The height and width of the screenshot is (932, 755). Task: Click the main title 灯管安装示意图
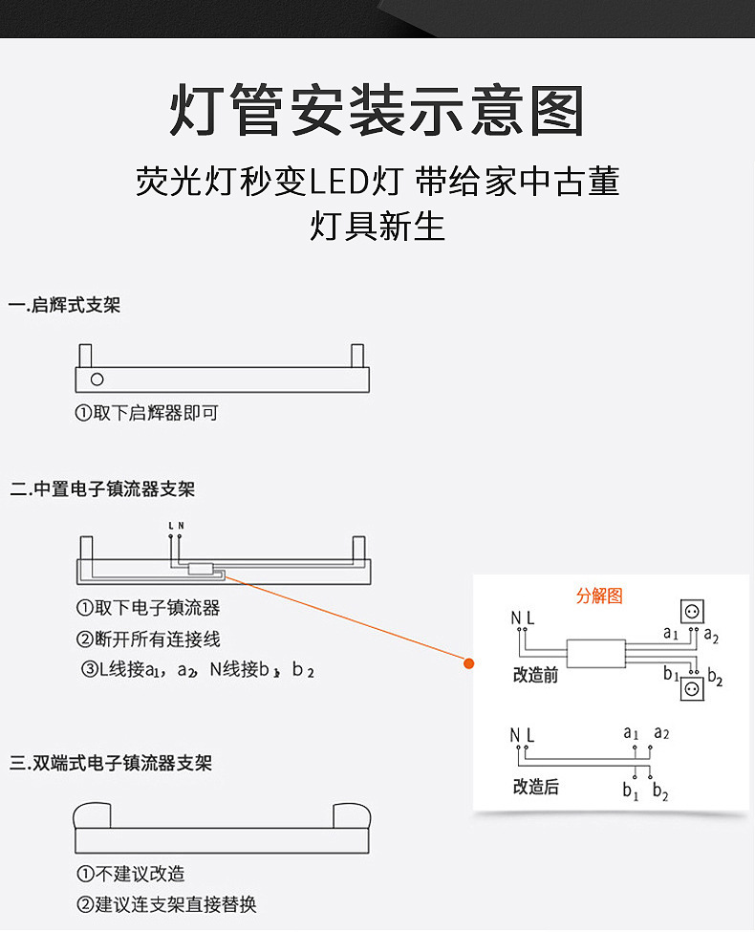(x=377, y=111)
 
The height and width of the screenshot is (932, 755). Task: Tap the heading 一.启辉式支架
(x=65, y=306)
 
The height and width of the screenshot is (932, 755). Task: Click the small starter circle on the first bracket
(x=97, y=379)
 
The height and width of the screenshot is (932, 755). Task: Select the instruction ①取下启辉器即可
(x=147, y=414)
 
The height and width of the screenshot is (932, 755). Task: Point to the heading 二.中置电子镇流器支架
(x=103, y=489)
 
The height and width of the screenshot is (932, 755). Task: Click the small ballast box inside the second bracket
(x=200, y=570)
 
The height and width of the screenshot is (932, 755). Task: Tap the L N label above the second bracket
(x=176, y=526)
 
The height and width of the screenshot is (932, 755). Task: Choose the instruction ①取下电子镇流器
(x=148, y=608)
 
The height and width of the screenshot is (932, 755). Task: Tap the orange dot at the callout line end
(x=469, y=662)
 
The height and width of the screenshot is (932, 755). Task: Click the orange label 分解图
(x=599, y=596)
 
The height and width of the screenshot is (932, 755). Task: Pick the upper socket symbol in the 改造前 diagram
(x=691, y=612)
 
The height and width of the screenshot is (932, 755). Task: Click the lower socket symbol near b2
(x=691, y=688)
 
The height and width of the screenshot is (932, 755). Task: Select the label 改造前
(x=535, y=676)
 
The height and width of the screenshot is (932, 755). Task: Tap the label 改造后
(x=535, y=787)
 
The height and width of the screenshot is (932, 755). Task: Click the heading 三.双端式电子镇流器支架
(x=111, y=764)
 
